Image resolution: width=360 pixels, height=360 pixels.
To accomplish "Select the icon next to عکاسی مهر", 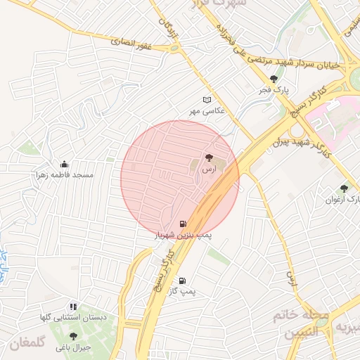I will click(x=206, y=100).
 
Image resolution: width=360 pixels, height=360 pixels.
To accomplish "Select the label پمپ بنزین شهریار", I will click(x=183, y=234).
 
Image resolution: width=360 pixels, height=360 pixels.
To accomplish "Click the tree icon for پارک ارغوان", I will click(x=343, y=188).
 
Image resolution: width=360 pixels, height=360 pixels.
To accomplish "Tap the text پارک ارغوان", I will click(x=343, y=199).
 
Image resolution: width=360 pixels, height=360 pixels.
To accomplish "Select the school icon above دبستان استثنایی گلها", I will click(x=73, y=307).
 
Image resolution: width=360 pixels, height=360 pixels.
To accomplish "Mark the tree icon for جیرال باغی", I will click(x=72, y=336).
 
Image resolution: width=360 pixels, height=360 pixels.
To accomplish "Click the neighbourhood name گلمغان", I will click(x=27, y=345).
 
